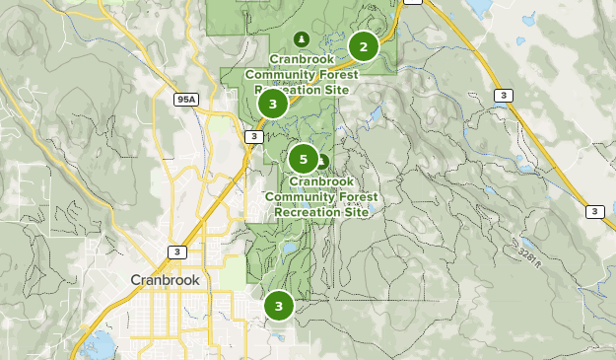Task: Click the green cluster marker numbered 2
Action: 364,45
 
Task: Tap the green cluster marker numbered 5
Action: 304,158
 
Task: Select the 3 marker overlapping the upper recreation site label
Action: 273,103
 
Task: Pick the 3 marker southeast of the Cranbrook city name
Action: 279,306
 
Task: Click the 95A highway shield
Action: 186,100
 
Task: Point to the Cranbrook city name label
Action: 166,280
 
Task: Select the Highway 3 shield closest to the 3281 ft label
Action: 594,211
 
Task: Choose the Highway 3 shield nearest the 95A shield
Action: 253,136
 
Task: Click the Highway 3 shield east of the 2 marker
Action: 504,96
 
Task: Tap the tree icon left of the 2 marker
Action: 302,39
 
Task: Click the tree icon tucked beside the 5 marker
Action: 321,160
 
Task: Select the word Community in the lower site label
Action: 301,196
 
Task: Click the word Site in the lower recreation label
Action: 355,211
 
